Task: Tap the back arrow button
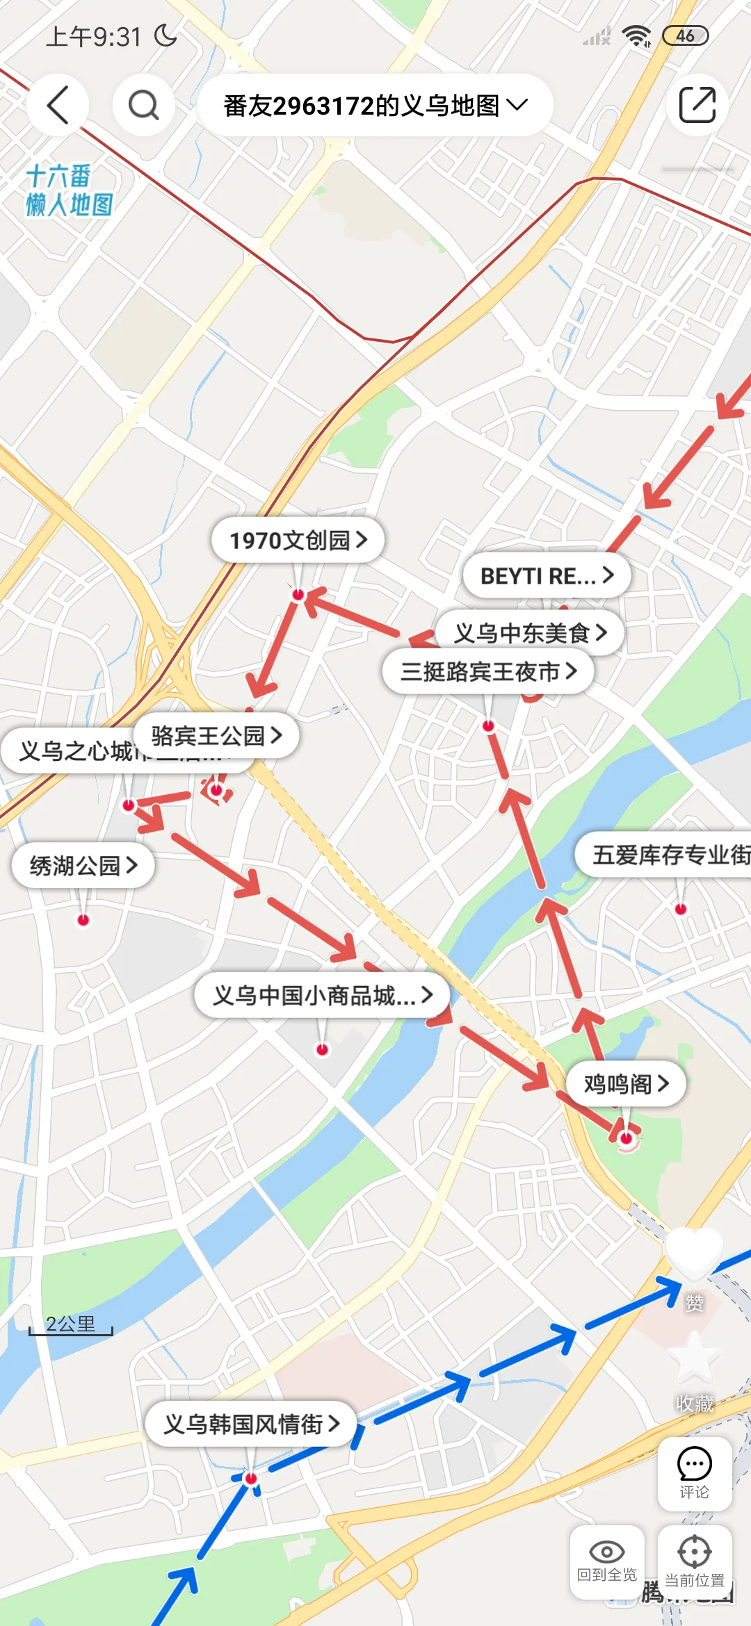click(x=58, y=106)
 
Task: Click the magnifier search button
click(x=144, y=106)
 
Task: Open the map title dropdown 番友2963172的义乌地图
click(x=375, y=106)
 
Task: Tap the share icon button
click(x=697, y=106)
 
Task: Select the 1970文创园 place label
click(x=298, y=540)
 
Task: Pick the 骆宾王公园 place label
click(x=216, y=735)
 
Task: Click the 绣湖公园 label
click(x=83, y=866)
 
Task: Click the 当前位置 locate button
click(x=694, y=1561)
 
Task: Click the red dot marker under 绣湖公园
click(x=83, y=920)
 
